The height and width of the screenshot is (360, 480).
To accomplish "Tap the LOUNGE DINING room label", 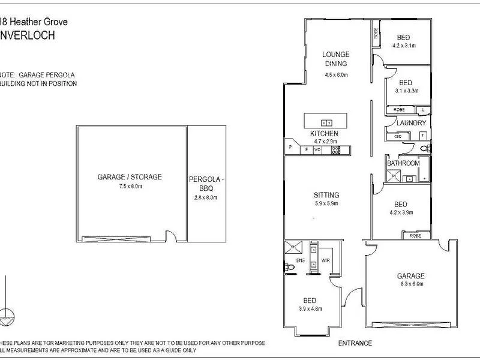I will [336, 58].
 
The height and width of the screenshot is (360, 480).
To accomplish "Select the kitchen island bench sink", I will [326, 119].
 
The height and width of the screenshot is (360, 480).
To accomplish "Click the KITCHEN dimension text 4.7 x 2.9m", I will [324, 141].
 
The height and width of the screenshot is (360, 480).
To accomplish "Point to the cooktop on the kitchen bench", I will [336, 150].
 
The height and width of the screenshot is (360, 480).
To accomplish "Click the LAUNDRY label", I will [412, 123].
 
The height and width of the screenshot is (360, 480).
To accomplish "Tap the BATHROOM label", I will [403, 163].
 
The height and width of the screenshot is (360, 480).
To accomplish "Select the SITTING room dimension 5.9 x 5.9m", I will [326, 203].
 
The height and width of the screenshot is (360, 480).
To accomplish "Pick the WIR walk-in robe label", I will [326, 261].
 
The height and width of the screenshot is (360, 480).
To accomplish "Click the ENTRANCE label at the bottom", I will [355, 343].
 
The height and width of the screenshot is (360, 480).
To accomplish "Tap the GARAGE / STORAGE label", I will [130, 177].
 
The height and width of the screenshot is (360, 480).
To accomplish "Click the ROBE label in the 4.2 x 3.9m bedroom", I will [415, 236].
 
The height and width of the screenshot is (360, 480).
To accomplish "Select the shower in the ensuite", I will [295, 247].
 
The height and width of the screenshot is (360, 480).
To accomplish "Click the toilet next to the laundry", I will [424, 148].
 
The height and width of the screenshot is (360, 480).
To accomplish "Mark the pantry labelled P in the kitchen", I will [290, 147].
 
